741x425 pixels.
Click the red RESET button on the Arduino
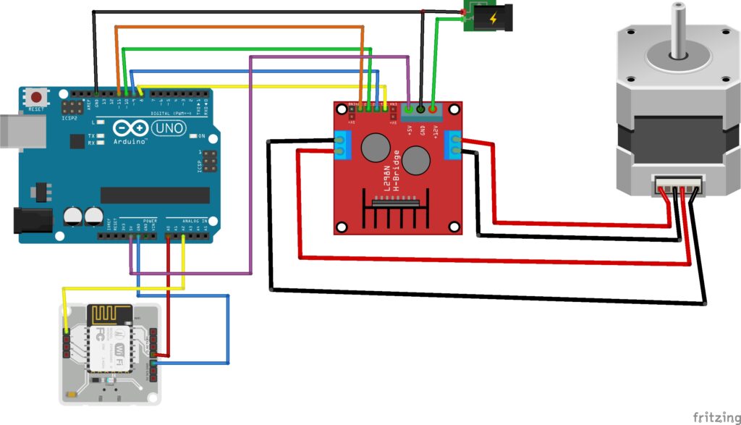click(35, 96)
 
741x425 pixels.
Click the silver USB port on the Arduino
click(14, 130)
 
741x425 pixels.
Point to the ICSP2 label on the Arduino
click(69, 117)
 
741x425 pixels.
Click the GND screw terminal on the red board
click(421, 109)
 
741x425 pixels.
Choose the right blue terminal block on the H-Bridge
click(454, 143)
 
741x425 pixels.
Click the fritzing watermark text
click(715, 416)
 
